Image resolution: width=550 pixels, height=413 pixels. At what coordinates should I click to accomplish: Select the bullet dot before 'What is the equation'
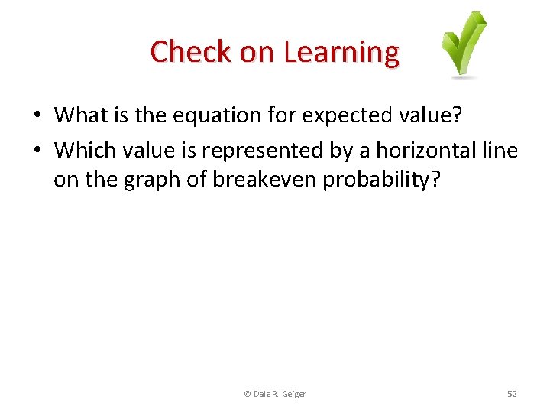pyautogui.click(x=37, y=115)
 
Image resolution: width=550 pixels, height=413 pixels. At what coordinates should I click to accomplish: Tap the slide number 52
pyautogui.click(x=512, y=394)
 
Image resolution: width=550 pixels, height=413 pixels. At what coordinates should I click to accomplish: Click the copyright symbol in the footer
pyautogui.click(x=247, y=394)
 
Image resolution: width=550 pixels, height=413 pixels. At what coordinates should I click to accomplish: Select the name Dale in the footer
pyautogui.click(x=261, y=394)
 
